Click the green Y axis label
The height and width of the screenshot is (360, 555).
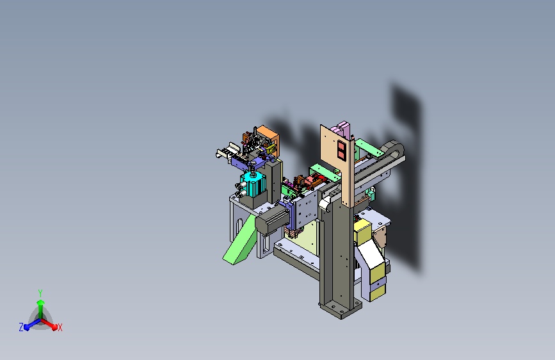40,293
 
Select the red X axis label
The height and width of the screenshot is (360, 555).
60,327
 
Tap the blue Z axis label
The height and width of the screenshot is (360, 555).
21,327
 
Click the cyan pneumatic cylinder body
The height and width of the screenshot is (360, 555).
253,184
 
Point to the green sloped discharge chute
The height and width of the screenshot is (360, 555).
240,241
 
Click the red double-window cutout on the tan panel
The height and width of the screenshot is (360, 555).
341,150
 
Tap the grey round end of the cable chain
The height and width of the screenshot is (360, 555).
393,149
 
